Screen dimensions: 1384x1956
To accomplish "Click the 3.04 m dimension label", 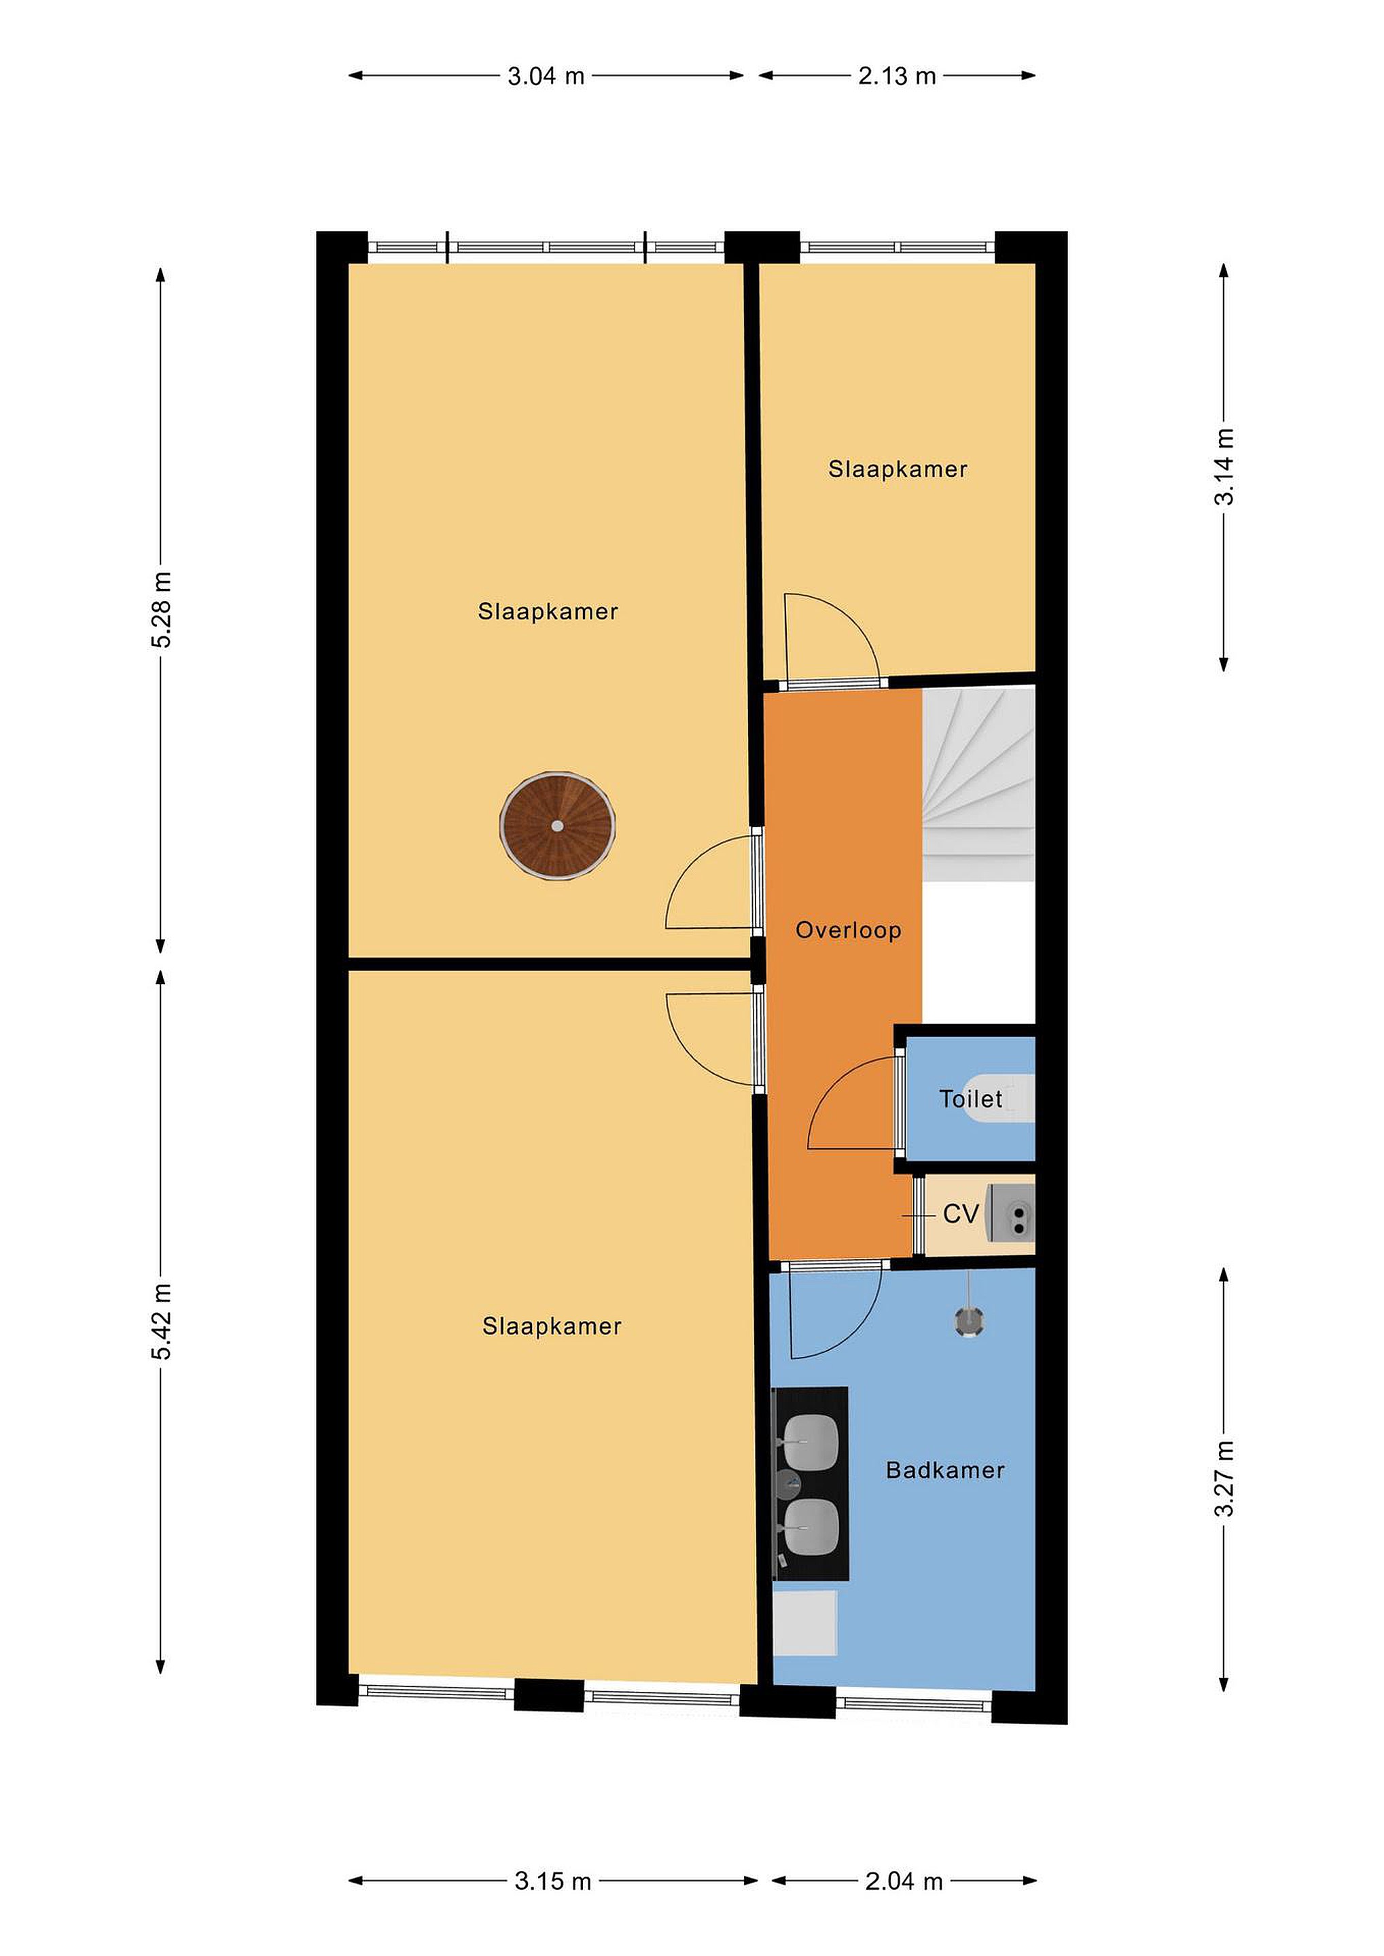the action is [x=546, y=77].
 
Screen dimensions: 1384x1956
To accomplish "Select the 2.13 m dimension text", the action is [x=897, y=77].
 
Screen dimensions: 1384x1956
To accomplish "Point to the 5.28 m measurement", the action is [x=161, y=610].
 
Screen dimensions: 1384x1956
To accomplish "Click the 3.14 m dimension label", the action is [x=1224, y=466].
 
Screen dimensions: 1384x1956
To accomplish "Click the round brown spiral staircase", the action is [x=557, y=825].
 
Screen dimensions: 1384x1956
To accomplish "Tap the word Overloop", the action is [x=848, y=930].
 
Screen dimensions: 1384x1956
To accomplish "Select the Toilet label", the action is [x=971, y=1098].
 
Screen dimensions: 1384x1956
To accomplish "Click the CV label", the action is [x=961, y=1213].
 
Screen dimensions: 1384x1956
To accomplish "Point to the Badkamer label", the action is [x=945, y=1470].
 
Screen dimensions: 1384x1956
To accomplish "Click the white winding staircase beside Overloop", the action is [x=978, y=784].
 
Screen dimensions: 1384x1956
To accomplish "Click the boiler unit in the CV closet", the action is [x=1011, y=1213].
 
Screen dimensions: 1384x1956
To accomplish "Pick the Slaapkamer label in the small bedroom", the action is [x=898, y=469].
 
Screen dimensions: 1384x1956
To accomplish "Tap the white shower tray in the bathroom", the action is [x=805, y=1623].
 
